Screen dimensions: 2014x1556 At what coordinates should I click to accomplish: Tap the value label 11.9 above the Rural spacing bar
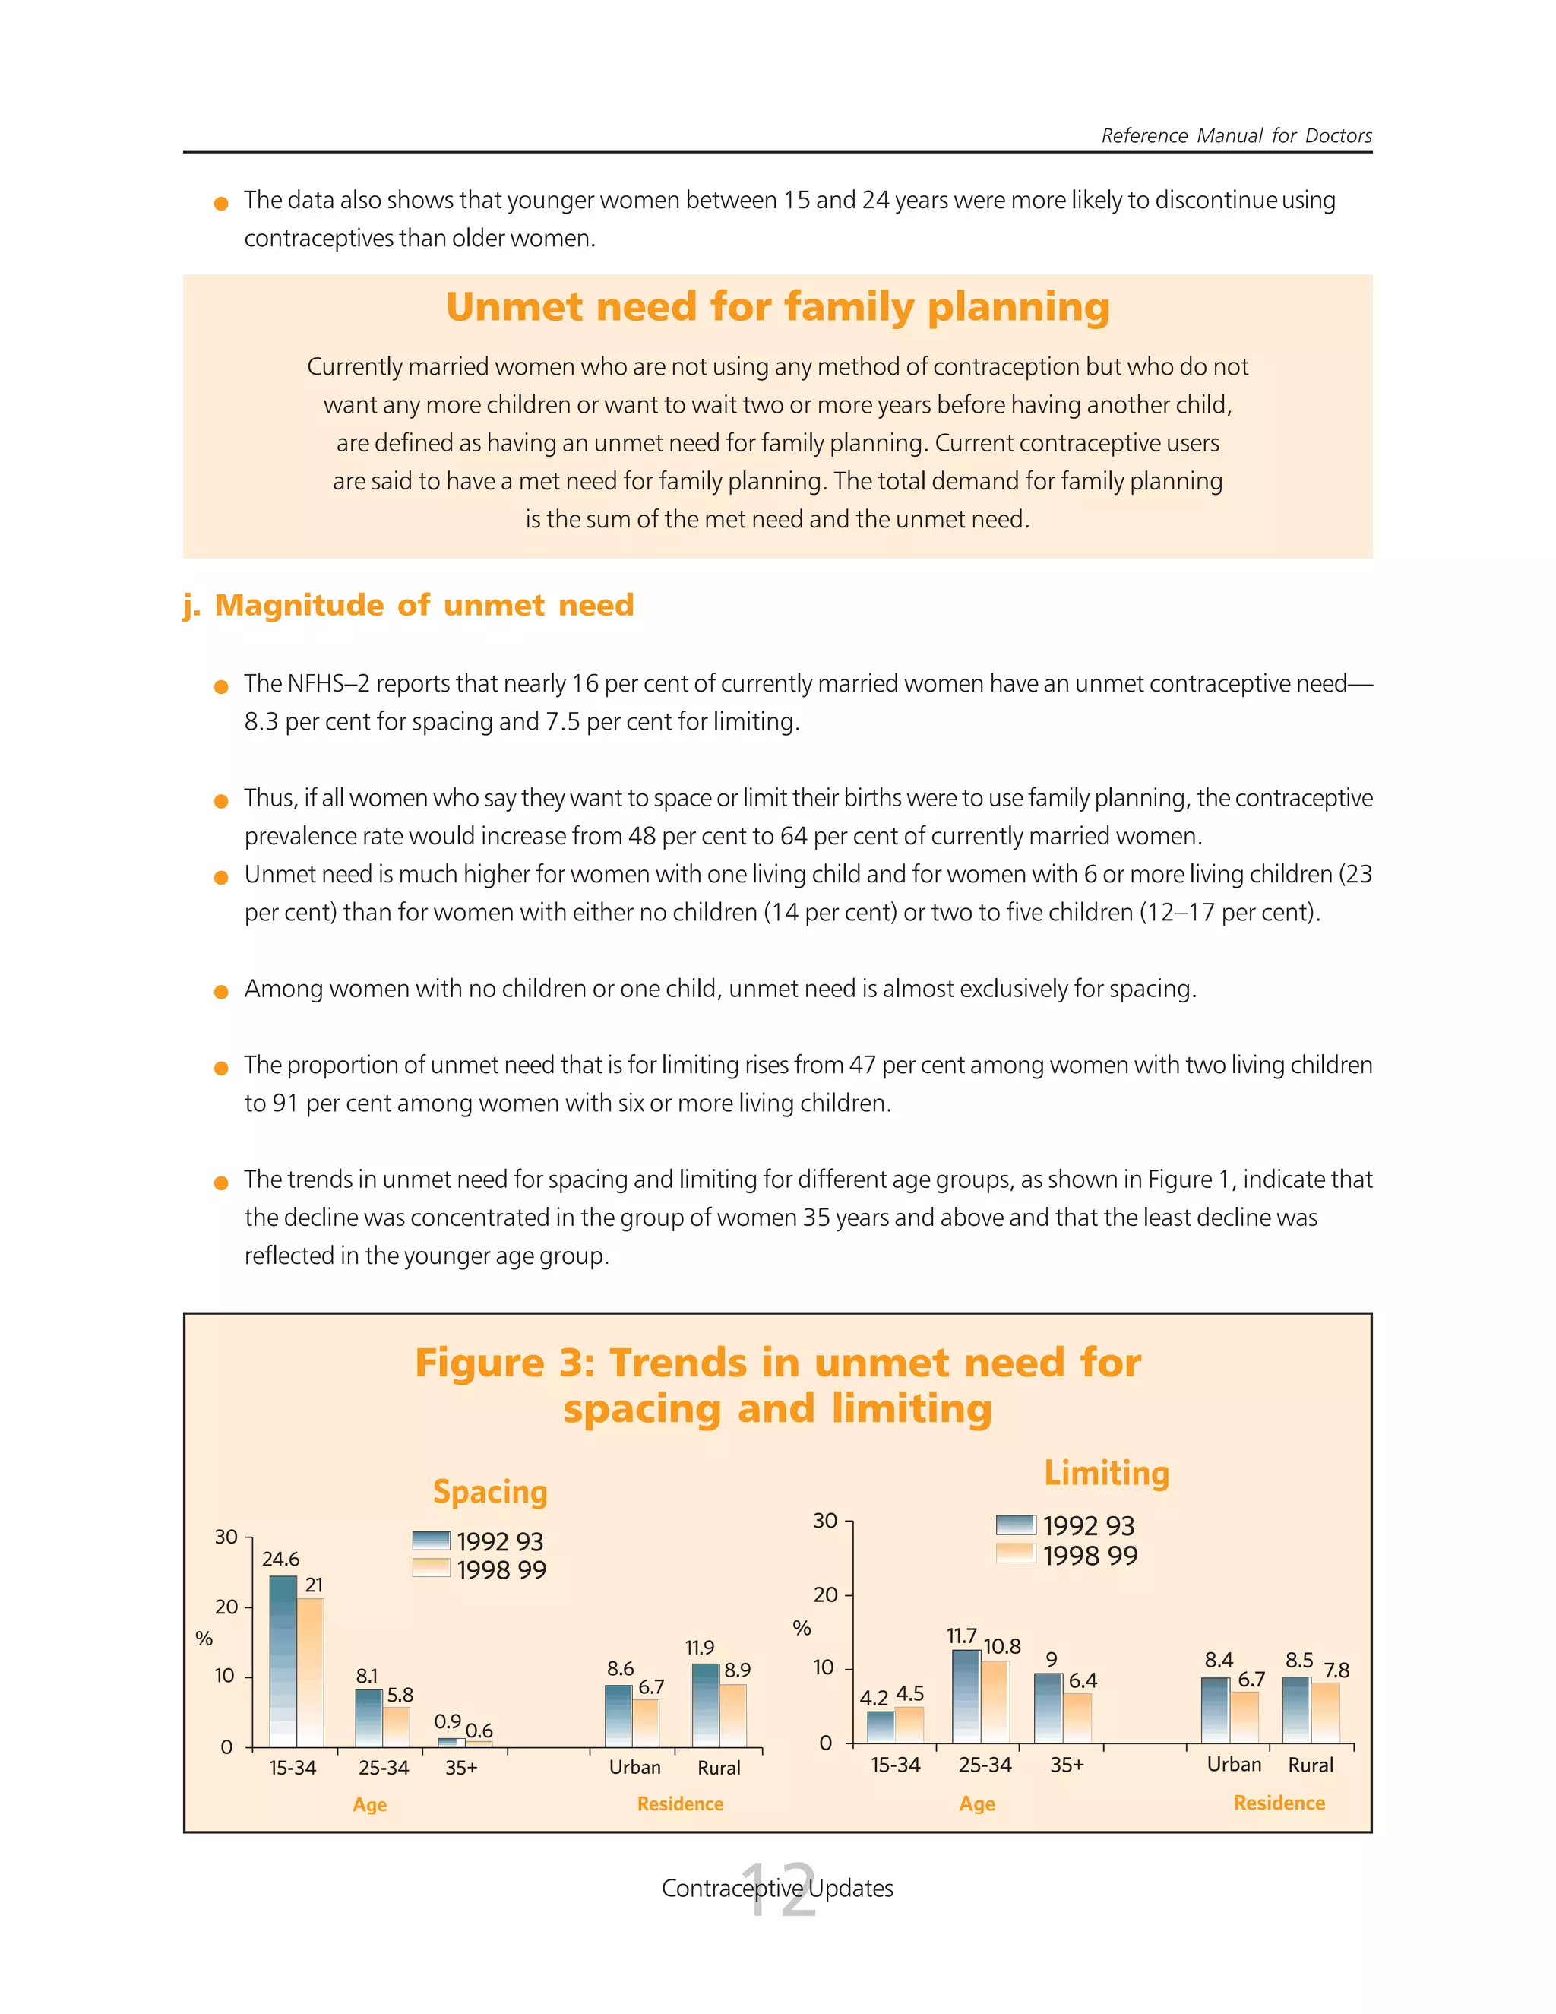700,1647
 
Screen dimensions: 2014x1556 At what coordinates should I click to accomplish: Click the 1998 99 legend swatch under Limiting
1016,1555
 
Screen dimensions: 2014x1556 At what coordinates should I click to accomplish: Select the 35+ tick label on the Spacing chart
461,1768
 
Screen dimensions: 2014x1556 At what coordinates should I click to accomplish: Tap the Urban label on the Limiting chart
1235,1764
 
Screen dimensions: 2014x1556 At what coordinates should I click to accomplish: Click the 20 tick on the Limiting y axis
825,1594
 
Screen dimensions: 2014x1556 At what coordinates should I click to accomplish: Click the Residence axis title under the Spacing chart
680,1803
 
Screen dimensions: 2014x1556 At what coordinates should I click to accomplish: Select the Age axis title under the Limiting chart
977,1803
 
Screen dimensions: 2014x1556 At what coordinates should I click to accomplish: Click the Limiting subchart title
1106,1473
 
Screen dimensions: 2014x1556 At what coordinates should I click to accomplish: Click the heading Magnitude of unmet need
423,605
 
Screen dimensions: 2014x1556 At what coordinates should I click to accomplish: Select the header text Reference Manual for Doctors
1236,135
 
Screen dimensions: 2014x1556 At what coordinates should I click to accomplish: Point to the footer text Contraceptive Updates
777,1888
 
